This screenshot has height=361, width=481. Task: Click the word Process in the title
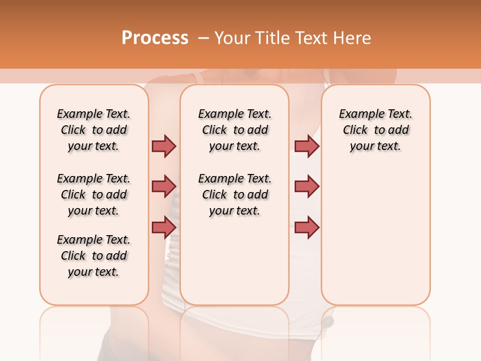coord(155,38)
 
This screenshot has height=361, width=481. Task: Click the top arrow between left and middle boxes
coord(164,146)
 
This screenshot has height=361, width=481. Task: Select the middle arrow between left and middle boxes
coord(164,187)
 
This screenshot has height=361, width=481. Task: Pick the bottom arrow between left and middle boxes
coord(164,227)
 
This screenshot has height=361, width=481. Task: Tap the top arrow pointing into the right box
coord(307,146)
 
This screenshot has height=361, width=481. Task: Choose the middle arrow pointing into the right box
coord(307,187)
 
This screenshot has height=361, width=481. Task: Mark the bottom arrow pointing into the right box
coord(307,227)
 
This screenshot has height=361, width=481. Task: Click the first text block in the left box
coord(94,130)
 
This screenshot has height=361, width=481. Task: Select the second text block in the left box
coord(94,195)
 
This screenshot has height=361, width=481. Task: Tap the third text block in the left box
coord(94,256)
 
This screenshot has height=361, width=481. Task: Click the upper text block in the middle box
coord(234,130)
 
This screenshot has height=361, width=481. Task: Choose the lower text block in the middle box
coord(234,195)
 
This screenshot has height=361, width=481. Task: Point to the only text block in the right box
coord(375,130)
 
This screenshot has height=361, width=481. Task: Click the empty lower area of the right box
coord(375,241)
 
